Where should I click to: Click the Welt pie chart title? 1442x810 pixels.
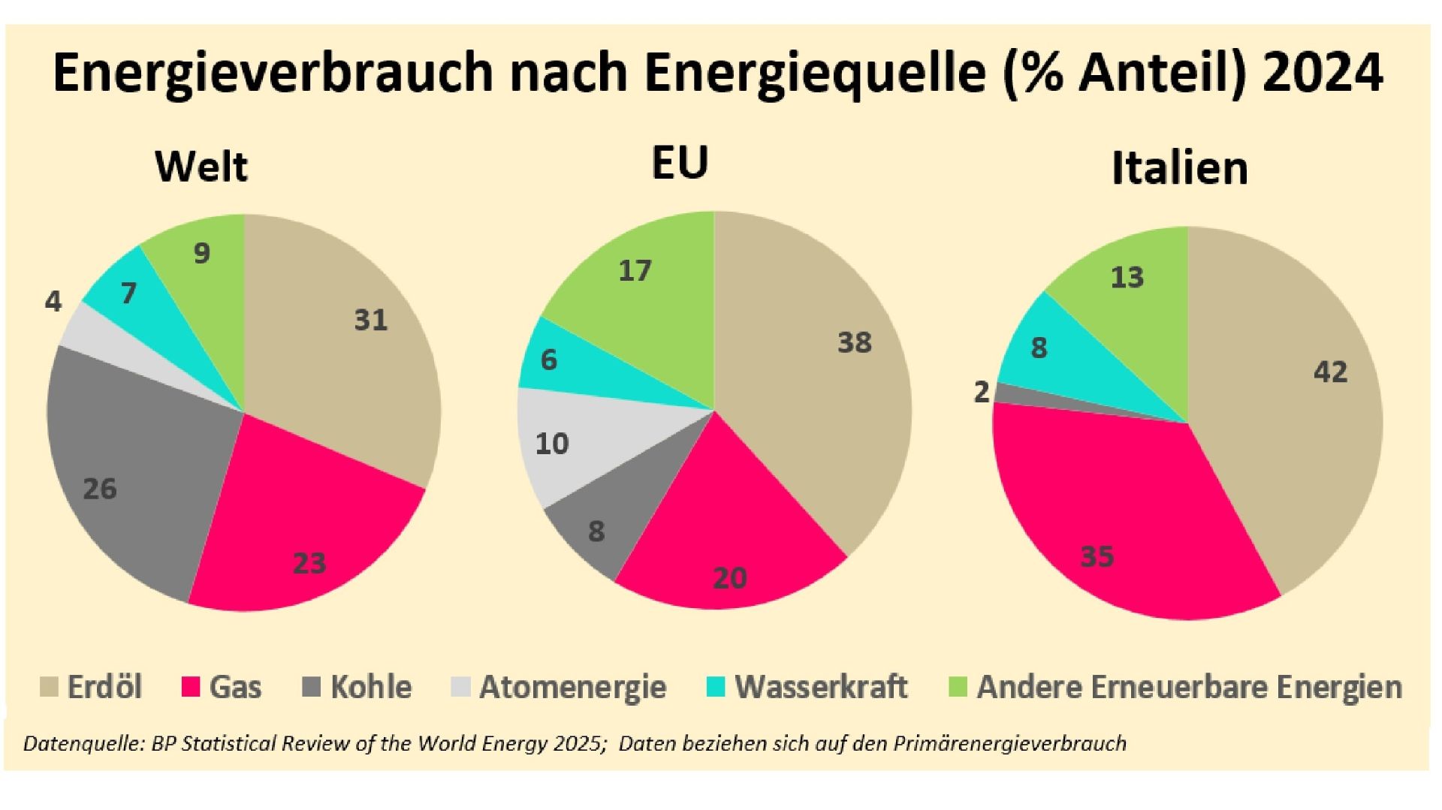pos(201,166)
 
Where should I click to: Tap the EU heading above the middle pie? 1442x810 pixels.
pos(680,163)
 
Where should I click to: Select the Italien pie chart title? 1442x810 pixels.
pos(1179,168)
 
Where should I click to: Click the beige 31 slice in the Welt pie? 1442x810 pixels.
pos(353,338)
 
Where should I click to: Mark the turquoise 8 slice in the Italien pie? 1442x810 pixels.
pos(1051,353)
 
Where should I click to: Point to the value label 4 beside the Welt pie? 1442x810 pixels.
pos(53,301)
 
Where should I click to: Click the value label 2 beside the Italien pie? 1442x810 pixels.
pos(981,391)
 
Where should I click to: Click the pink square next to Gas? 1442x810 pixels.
pos(192,687)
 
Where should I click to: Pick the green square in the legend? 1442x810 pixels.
pos(958,687)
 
